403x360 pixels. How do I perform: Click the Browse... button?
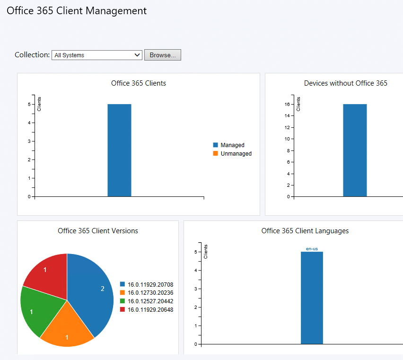(162, 55)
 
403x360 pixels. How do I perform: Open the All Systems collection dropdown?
(96, 55)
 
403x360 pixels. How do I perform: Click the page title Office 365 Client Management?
(77, 11)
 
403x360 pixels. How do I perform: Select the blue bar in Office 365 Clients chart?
(119, 150)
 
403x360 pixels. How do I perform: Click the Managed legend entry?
(232, 145)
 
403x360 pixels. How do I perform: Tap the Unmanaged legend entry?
(236, 154)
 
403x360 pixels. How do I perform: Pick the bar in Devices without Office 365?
(355, 150)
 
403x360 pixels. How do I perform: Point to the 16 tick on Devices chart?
(287, 104)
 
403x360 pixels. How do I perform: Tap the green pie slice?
(38, 310)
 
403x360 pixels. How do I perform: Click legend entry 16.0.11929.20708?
(150, 285)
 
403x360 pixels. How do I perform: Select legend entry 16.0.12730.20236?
(150, 293)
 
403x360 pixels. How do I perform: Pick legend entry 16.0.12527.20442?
(150, 301)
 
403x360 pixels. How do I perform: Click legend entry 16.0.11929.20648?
(150, 309)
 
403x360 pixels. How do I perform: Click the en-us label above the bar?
(312, 248)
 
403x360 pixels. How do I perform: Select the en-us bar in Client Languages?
(312, 298)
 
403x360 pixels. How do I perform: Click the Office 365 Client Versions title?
(98, 231)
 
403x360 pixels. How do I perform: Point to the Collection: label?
(32, 55)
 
